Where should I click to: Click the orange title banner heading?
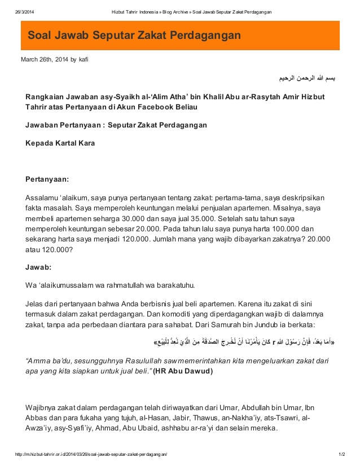[134, 36]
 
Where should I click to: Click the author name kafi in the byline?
[84, 59]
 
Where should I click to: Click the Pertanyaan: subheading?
[47, 179]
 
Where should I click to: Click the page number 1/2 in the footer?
[341, 454]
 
